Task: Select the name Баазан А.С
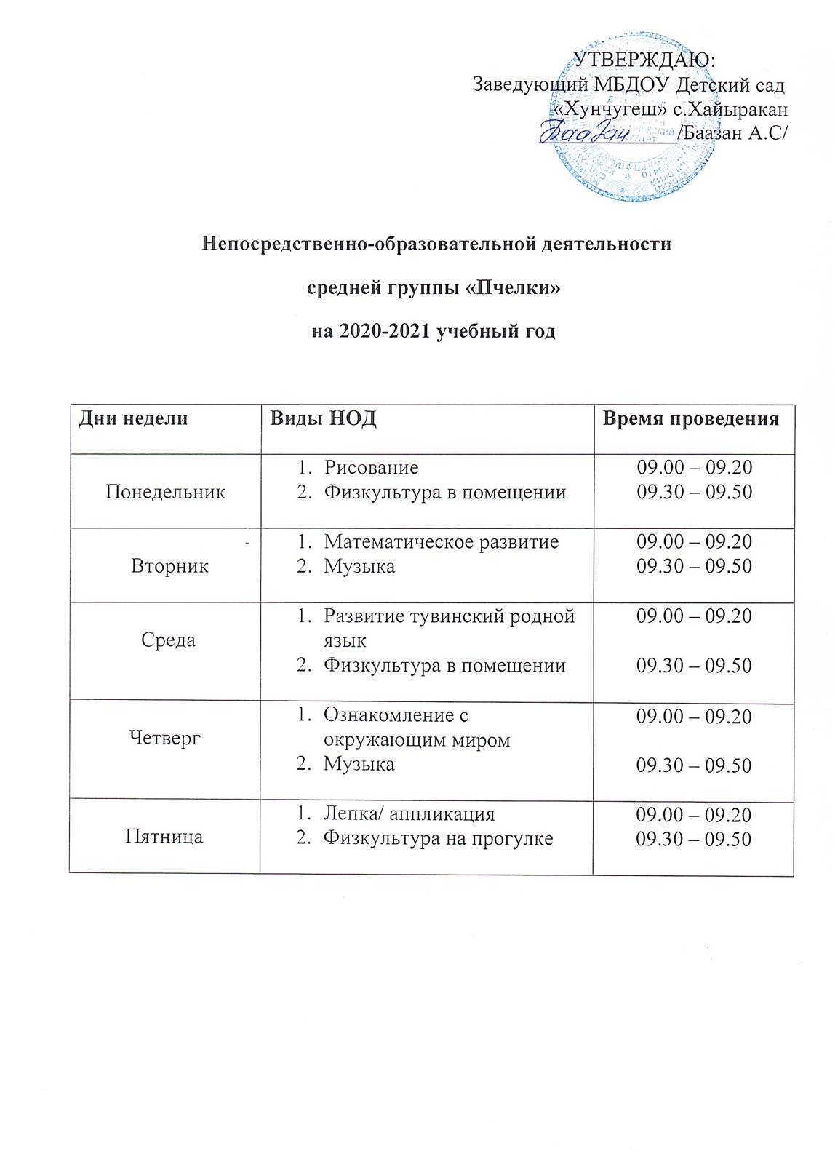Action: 735,134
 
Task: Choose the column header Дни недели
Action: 133,418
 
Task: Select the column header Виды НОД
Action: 323,418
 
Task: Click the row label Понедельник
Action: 165,492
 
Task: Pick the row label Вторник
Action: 169,566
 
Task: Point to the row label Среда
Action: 168,640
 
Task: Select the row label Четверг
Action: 164,739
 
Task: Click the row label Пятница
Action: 164,837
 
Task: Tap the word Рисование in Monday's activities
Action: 371,467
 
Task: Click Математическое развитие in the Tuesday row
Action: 441,542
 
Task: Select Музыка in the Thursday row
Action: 359,764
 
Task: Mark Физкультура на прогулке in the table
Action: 438,839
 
